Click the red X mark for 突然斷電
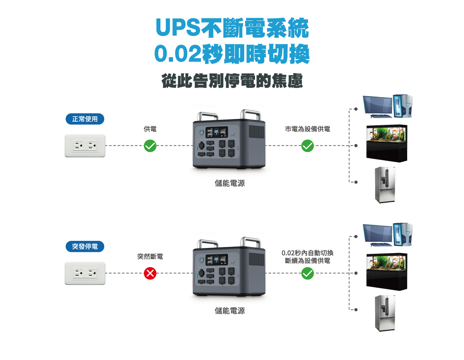150,273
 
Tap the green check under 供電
150,146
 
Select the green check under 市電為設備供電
308,146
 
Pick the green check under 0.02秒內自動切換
308,273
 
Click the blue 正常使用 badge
85,119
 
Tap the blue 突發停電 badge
85,247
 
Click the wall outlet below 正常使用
85,146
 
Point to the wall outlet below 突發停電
85,273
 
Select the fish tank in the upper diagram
387,143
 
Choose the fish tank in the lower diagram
387,271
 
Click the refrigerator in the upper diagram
385,185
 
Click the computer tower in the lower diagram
402,234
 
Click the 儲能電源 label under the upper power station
229,183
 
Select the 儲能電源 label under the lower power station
229,311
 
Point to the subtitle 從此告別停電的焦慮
232,81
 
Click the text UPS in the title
178,27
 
